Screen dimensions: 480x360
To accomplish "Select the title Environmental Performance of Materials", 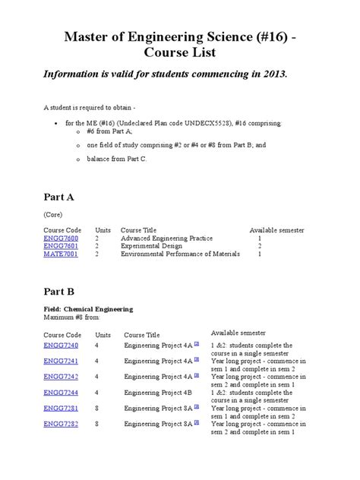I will point(180,254).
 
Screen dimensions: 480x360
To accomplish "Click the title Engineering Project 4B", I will point(158,393).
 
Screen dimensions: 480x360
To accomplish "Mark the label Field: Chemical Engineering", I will point(87,309).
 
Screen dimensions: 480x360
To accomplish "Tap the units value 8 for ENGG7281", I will point(97,409).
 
